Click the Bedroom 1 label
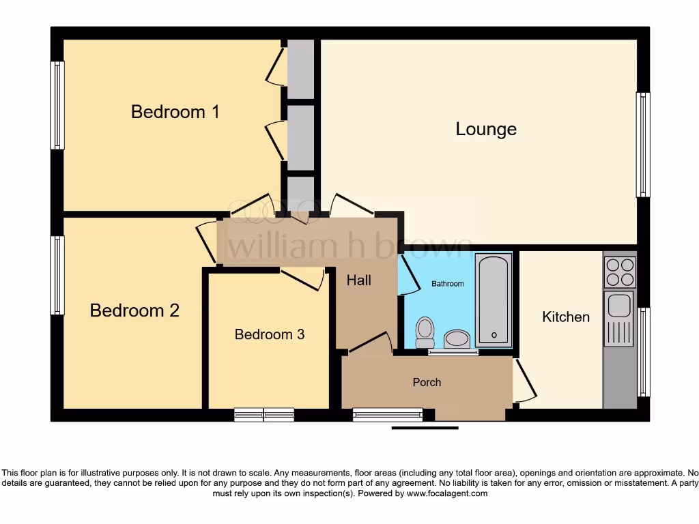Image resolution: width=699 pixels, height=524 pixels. pos(175,112)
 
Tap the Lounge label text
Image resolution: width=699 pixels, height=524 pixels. pos(486,129)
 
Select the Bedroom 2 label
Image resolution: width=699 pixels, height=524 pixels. pos(134,310)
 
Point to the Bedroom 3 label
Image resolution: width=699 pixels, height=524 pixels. pos(269,334)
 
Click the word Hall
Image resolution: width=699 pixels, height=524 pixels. pos(358,280)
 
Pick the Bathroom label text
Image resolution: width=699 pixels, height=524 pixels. pos(447,284)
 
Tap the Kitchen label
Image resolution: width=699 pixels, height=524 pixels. pos(565,317)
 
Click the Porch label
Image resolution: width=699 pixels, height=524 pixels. pos(427,382)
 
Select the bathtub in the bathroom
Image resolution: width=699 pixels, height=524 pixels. pos(494,299)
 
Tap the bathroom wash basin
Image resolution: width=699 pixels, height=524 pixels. pos(456,338)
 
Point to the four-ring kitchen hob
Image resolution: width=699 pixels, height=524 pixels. pos(619,272)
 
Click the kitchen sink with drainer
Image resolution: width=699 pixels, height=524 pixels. pos(619,318)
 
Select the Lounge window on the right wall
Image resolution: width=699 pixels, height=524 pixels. pos(643,145)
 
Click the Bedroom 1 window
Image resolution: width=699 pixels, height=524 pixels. pos(57,106)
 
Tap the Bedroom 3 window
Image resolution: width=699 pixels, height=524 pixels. pos(264,414)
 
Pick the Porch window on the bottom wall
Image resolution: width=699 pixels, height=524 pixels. pos(388,414)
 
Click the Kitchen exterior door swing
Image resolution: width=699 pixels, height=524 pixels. pos(524,382)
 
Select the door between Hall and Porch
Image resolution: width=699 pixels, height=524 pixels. pos(371,343)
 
